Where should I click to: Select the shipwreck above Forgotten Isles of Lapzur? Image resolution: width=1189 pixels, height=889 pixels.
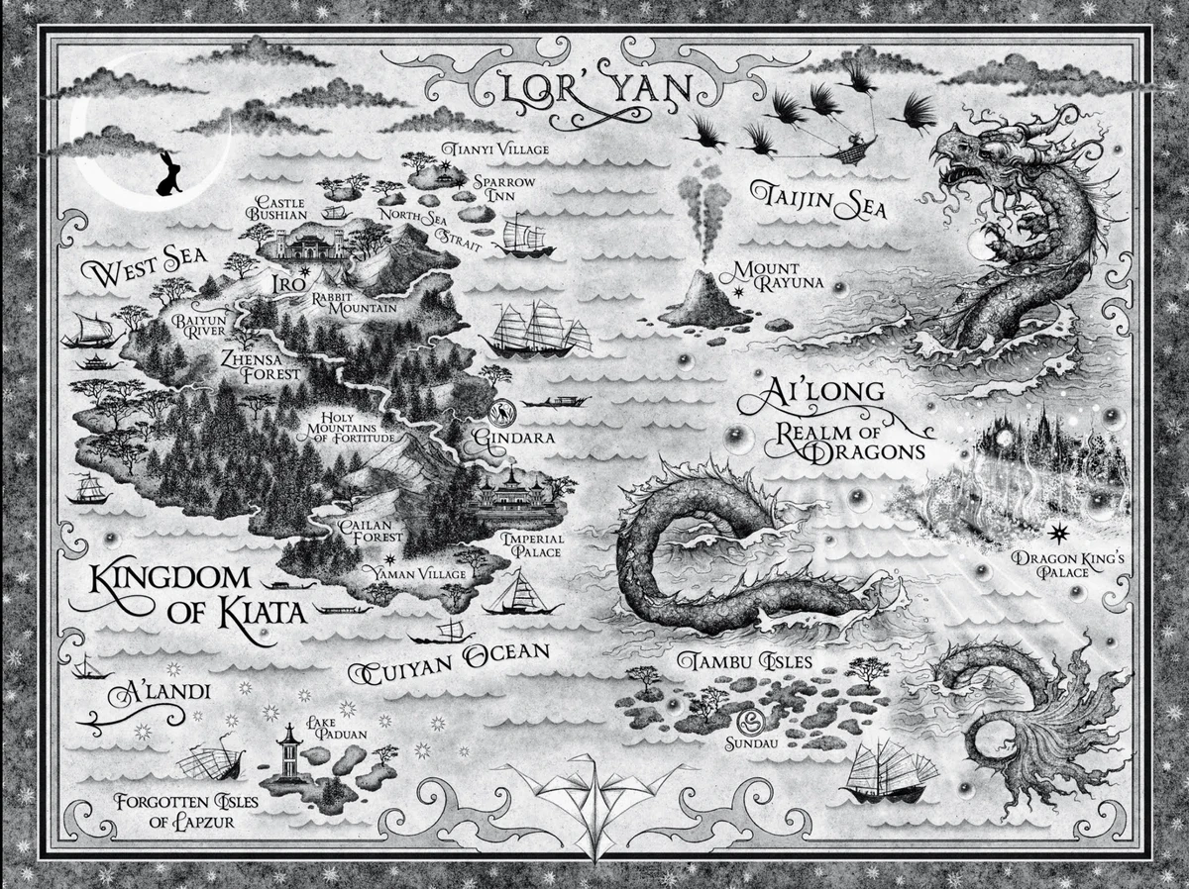210,761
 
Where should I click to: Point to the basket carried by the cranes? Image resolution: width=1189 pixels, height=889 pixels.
851,150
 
